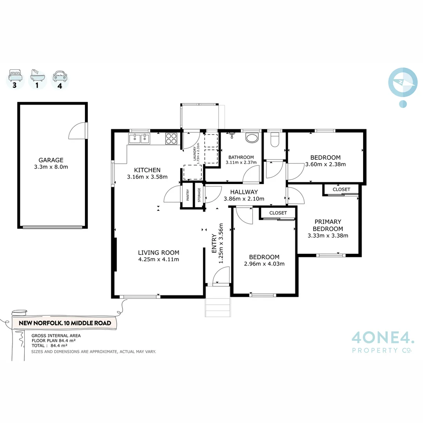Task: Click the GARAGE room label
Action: (x=51, y=160)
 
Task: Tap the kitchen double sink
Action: (x=140, y=138)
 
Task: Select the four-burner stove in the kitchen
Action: (x=172, y=138)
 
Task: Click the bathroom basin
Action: (x=251, y=138)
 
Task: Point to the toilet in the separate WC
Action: (x=275, y=140)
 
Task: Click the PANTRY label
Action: (x=188, y=195)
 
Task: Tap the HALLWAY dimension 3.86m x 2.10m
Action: (x=244, y=199)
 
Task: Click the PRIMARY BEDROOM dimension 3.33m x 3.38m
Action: (x=328, y=235)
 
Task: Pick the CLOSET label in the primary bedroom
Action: (x=341, y=189)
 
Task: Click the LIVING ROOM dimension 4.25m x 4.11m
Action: (x=159, y=259)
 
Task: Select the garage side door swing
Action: (x=78, y=132)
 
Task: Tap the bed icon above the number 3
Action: (x=15, y=74)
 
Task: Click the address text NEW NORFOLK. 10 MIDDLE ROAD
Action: (x=65, y=323)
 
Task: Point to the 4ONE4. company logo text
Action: (x=382, y=337)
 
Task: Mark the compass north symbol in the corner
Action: (x=403, y=82)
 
